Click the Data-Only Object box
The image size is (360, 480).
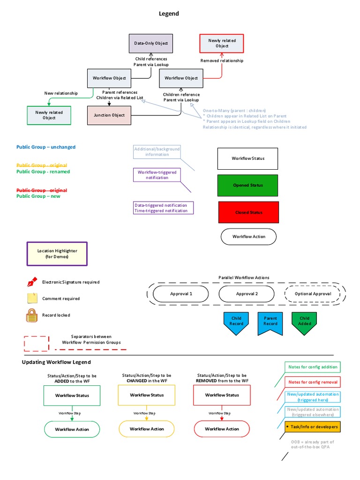pyautogui.click(x=151, y=43)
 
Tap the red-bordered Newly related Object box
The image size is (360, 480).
pyautogui.click(x=222, y=44)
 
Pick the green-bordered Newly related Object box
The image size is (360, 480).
pyautogui.click(x=49, y=115)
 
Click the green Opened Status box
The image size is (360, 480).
pyautogui.click(x=247, y=185)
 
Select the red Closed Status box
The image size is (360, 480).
pyautogui.click(x=248, y=212)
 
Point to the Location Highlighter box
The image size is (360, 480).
pyautogui.click(x=57, y=254)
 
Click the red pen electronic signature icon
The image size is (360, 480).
pyautogui.click(x=32, y=282)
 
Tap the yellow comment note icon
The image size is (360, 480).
pyautogui.click(x=32, y=298)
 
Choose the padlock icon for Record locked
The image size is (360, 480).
pyautogui.click(x=31, y=315)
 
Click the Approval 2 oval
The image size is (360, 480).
pyautogui.click(x=247, y=294)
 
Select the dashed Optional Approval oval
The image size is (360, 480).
pyautogui.click(x=313, y=294)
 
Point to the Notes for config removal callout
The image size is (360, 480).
pyautogui.click(x=313, y=382)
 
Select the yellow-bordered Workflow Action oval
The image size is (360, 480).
pyautogui.click(x=147, y=429)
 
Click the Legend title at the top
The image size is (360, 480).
pyautogui.click(x=169, y=14)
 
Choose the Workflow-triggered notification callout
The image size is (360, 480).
pyautogui.click(x=157, y=175)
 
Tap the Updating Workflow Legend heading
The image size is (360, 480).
pyautogui.click(x=56, y=362)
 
